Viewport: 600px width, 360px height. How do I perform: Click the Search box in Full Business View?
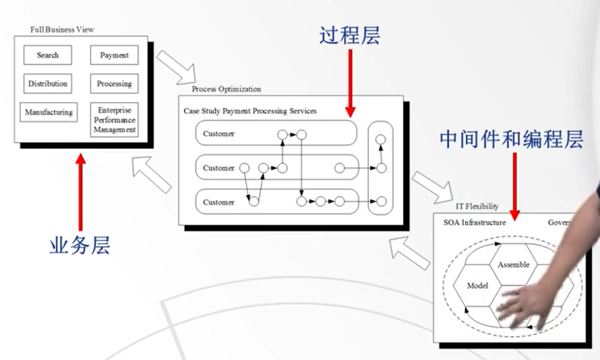pyautogui.click(x=48, y=55)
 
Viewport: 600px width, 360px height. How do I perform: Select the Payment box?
pyautogui.click(x=114, y=55)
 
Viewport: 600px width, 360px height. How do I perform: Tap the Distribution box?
pyautogui.click(x=48, y=84)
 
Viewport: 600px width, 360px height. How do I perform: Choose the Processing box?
pyautogui.click(x=114, y=84)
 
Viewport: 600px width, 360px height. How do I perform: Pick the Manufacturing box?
pyautogui.click(x=49, y=112)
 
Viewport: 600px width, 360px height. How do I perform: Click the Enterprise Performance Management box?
pyautogui.click(x=114, y=120)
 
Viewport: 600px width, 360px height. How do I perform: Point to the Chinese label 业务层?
pyautogui.click(x=80, y=246)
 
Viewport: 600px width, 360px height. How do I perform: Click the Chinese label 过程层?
pyautogui.click(x=350, y=36)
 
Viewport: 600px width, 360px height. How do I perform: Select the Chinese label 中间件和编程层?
pyautogui.click(x=511, y=138)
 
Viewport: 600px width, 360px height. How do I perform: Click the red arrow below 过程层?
pyautogui.click(x=350, y=83)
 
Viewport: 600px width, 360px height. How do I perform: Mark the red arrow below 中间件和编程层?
pyautogui.click(x=514, y=186)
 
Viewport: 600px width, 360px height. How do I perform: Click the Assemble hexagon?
pyautogui.click(x=513, y=264)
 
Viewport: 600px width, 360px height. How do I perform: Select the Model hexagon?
pyautogui.click(x=477, y=286)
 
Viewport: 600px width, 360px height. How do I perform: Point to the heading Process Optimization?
pyautogui.click(x=226, y=89)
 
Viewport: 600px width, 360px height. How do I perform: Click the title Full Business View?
pyautogui.click(x=62, y=29)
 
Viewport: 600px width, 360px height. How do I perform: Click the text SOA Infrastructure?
pyautogui.click(x=475, y=223)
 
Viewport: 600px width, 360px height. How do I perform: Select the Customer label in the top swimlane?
pyautogui.click(x=218, y=134)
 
